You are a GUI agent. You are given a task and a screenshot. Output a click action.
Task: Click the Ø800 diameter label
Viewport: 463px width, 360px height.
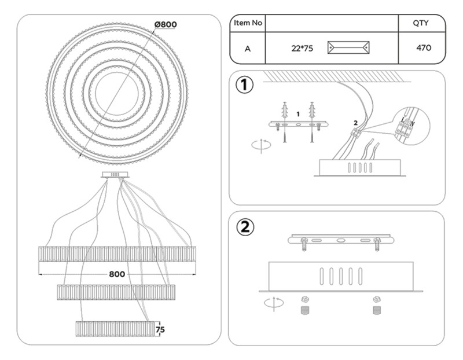tap(166, 24)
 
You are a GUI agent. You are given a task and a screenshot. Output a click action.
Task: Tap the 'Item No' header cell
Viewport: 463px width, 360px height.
tap(248, 23)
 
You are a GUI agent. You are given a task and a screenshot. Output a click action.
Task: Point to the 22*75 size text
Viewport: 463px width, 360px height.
tap(302, 48)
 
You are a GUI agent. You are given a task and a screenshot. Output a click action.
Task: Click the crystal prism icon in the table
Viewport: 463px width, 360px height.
tap(348, 47)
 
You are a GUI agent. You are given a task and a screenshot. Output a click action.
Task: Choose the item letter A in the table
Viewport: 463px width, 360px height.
tap(248, 48)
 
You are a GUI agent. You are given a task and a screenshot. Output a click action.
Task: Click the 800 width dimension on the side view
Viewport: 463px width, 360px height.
tap(117, 274)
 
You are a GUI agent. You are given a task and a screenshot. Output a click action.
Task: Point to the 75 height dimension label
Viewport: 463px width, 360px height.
tap(160, 329)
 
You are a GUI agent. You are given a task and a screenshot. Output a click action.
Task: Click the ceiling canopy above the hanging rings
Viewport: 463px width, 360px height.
tap(115, 174)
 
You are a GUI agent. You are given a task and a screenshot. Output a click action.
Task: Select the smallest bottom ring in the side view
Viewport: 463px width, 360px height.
tap(115, 328)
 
